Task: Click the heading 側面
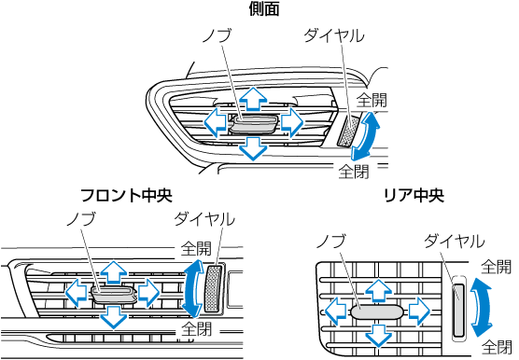click(x=264, y=8)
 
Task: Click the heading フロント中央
click(x=126, y=195)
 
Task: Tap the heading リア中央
click(x=414, y=195)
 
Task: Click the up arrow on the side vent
click(x=253, y=99)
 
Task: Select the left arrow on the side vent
click(x=215, y=122)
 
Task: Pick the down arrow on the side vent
click(x=253, y=148)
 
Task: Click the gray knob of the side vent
click(x=254, y=124)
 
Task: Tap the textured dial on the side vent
click(x=348, y=132)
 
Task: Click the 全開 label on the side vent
click(x=372, y=100)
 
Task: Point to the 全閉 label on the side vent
click(x=354, y=172)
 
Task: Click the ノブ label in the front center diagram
click(x=81, y=218)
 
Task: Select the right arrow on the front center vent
click(x=148, y=293)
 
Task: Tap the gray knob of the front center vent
click(x=114, y=294)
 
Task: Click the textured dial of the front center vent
click(x=213, y=289)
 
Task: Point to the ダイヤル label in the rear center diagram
click(x=454, y=241)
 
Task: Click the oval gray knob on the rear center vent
click(x=377, y=312)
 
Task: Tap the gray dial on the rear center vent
click(x=458, y=309)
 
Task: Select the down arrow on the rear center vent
click(x=378, y=336)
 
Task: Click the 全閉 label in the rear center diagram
click(x=497, y=346)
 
